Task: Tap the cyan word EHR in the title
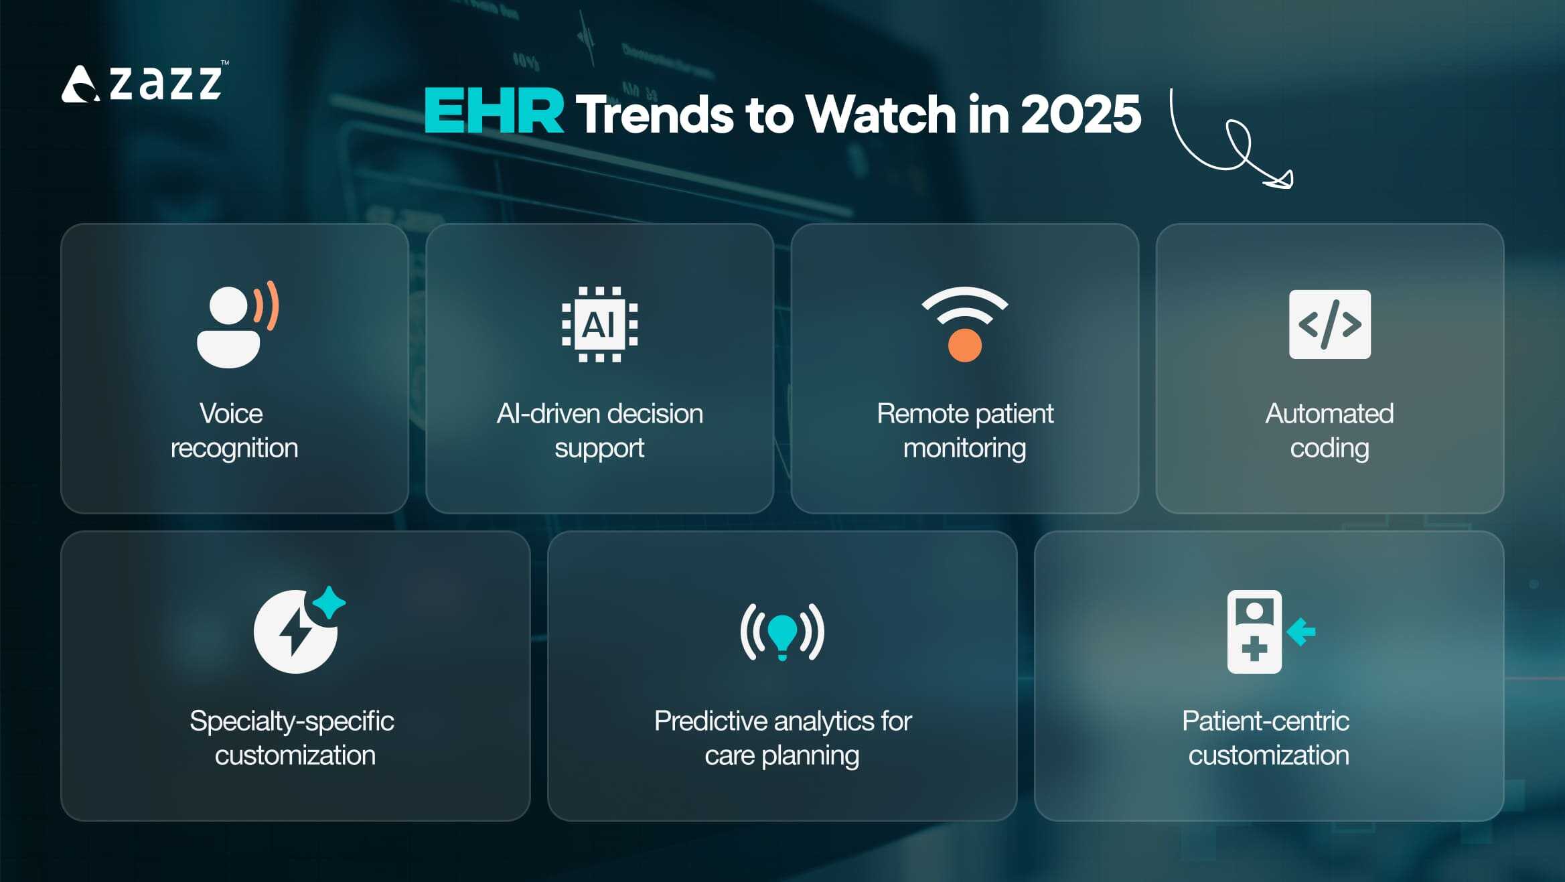494,112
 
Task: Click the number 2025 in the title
1080,113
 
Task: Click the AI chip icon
599,325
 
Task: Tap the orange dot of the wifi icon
964,346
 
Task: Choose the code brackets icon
1329,324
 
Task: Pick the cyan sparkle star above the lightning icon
329,602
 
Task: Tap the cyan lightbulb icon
782,632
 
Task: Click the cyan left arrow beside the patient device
1300,632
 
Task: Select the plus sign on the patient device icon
1254,648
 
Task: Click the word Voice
231,414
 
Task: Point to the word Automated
1329,414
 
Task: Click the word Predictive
711,721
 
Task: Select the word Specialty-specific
292,721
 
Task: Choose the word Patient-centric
1265,721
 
